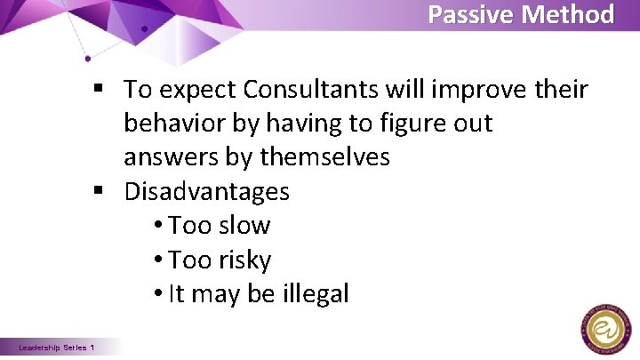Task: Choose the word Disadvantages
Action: tap(206, 191)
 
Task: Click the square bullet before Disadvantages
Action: tap(106, 192)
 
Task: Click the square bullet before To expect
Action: tap(106, 89)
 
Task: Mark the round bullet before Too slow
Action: tap(157, 227)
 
